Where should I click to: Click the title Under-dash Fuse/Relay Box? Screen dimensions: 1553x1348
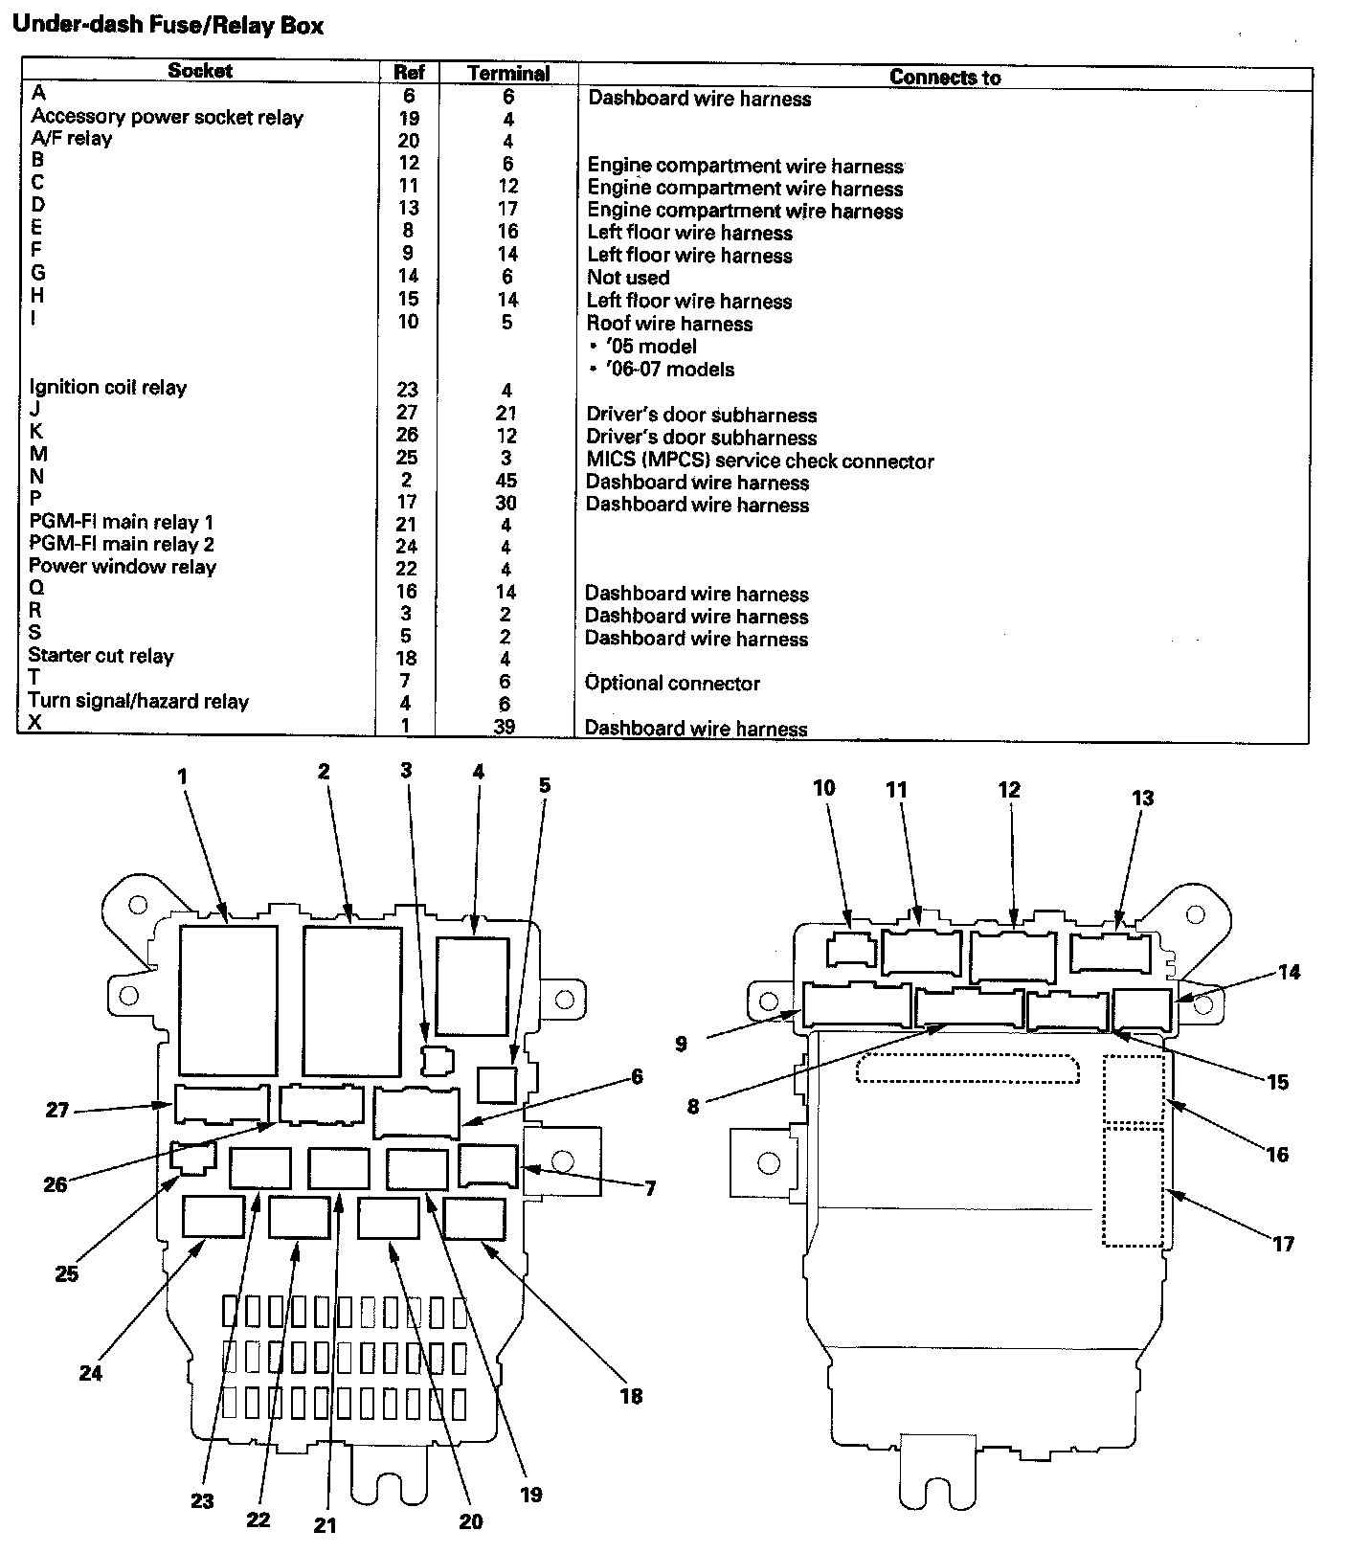[x=168, y=26]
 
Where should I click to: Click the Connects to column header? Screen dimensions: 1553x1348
[x=944, y=78]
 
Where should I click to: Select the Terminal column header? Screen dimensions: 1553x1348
[x=507, y=73]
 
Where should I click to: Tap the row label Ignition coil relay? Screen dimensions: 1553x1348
[x=107, y=388]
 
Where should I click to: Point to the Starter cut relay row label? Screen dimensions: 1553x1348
[x=101, y=656]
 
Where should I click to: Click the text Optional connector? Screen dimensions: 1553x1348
[x=672, y=683]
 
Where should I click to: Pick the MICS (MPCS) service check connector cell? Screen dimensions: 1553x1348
[x=760, y=461]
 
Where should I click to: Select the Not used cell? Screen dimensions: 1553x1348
[x=628, y=278]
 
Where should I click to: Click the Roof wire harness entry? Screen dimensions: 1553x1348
[x=669, y=324]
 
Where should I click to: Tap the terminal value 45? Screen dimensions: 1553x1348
[x=505, y=481]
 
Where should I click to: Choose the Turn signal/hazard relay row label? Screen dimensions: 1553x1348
[x=138, y=701]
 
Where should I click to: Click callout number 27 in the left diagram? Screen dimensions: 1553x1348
[x=58, y=1110]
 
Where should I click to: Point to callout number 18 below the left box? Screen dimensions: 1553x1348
[x=630, y=1396]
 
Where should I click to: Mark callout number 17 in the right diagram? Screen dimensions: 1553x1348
[x=1282, y=1244]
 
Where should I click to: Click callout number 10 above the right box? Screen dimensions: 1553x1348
[x=823, y=788]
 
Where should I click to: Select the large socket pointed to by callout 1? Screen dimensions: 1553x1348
[x=228, y=1000]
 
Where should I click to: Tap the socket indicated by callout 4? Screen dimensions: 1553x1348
[x=472, y=985]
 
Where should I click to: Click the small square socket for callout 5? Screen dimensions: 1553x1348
[x=497, y=1085]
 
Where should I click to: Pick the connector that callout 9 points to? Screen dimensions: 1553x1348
[x=857, y=1005]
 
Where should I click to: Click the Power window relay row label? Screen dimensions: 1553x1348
[x=122, y=567]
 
